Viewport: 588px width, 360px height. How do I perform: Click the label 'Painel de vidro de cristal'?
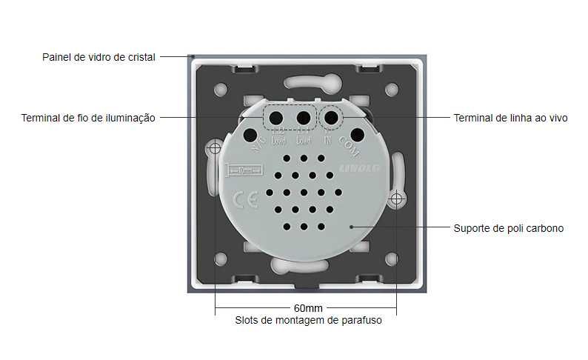98,57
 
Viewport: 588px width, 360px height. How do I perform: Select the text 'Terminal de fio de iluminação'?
88,118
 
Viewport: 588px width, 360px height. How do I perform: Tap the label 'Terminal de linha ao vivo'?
510,118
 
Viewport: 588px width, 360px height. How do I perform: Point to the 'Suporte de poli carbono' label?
508,228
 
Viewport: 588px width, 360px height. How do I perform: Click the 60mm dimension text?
306,307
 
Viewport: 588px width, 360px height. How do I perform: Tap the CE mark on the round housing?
245,200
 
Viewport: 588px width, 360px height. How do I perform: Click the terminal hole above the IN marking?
331,118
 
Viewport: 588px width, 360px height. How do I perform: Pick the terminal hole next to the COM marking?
357,136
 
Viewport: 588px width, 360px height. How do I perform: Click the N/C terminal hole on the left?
250,136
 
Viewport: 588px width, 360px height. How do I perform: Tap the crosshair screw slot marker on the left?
215,148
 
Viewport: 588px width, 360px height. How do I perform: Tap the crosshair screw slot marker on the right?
397,199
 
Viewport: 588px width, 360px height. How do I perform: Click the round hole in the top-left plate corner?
221,90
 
